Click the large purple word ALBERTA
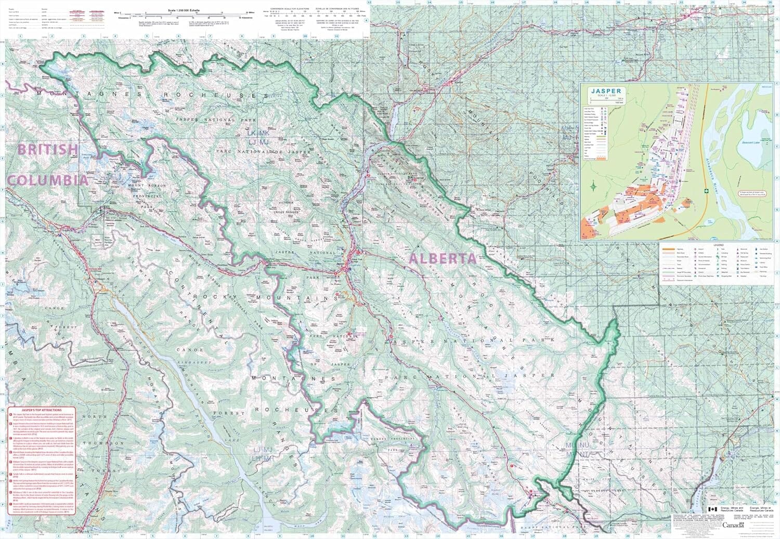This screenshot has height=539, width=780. click(443, 258)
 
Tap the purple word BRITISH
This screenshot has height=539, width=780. click(48, 150)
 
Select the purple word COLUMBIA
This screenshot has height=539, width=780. click(47, 180)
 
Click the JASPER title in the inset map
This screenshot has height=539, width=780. click(606, 91)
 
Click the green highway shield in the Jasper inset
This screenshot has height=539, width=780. click(706, 191)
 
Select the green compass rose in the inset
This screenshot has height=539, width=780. click(593, 185)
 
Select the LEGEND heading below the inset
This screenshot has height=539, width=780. click(718, 244)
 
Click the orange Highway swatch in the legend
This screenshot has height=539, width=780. click(668, 249)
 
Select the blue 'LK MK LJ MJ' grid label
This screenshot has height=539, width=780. click(257, 138)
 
